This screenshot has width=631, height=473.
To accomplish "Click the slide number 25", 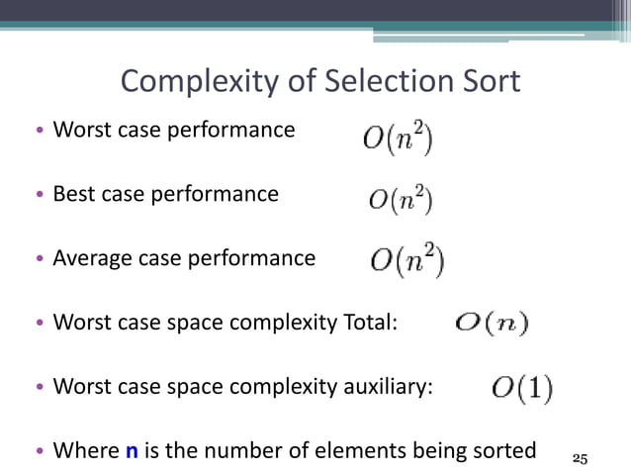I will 581,458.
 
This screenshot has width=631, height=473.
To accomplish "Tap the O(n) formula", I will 492,324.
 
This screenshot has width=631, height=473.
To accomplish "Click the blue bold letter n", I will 132,452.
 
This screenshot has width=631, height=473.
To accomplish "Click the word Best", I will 73,194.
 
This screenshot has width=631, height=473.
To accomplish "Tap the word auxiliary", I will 383,388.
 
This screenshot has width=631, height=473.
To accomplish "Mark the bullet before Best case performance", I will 39,196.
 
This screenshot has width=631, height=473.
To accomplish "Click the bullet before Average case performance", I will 39,260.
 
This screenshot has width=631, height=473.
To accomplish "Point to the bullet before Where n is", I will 39,453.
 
